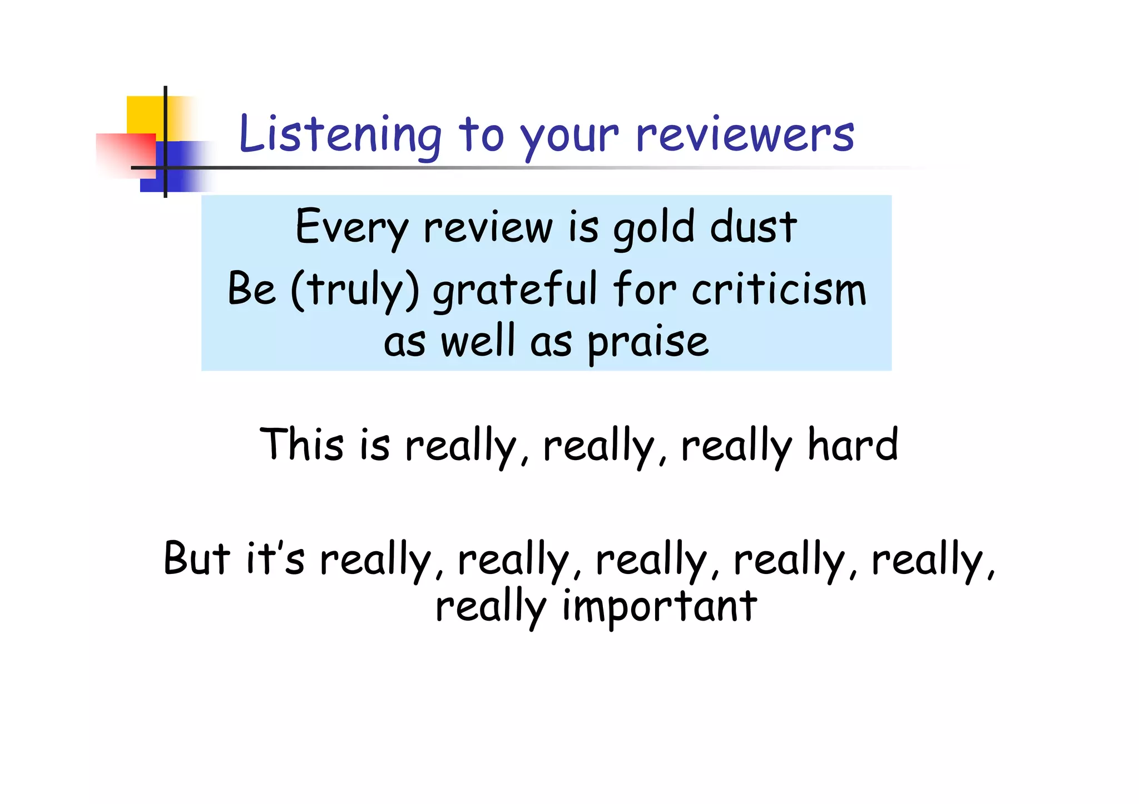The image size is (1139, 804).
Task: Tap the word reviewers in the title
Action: (x=745, y=135)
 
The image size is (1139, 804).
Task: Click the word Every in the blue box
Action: (x=351, y=228)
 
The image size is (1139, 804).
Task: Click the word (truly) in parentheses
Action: (x=355, y=289)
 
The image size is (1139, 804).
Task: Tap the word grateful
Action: (x=514, y=289)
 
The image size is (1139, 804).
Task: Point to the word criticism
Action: (x=779, y=289)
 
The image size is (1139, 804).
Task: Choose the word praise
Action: (x=648, y=341)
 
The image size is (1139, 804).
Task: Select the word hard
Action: (x=853, y=444)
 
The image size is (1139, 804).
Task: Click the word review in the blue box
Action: (x=488, y=228)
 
